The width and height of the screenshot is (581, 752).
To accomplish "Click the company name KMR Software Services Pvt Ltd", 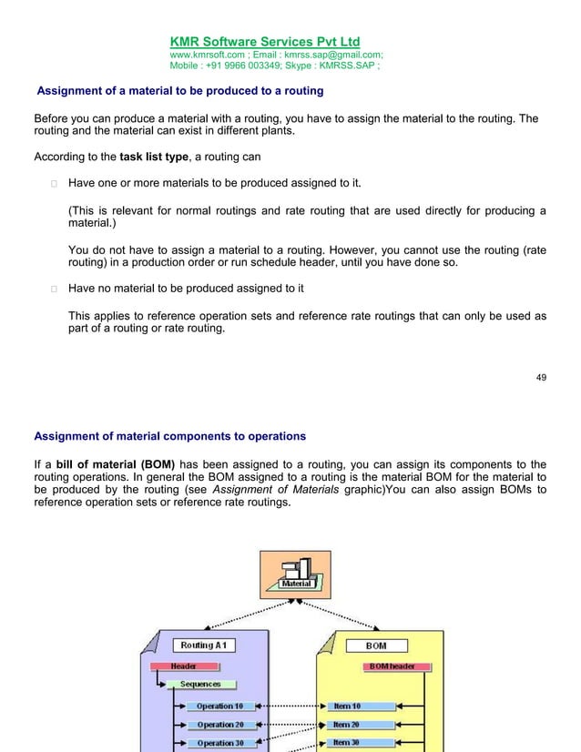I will (265, 41).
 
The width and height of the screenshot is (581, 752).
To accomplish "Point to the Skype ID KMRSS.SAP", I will (344, 66).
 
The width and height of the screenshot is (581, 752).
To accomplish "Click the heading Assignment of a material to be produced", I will (179, 91).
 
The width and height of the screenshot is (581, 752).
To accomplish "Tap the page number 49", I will (541, 377).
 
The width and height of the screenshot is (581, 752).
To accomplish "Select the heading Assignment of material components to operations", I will (169, 435).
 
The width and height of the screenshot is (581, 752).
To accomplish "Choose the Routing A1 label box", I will (204, 645).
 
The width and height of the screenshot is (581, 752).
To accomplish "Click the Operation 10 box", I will (219, 706).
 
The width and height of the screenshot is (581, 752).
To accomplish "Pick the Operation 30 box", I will (219, 743).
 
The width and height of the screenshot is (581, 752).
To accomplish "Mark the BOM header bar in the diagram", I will (392, 666).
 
